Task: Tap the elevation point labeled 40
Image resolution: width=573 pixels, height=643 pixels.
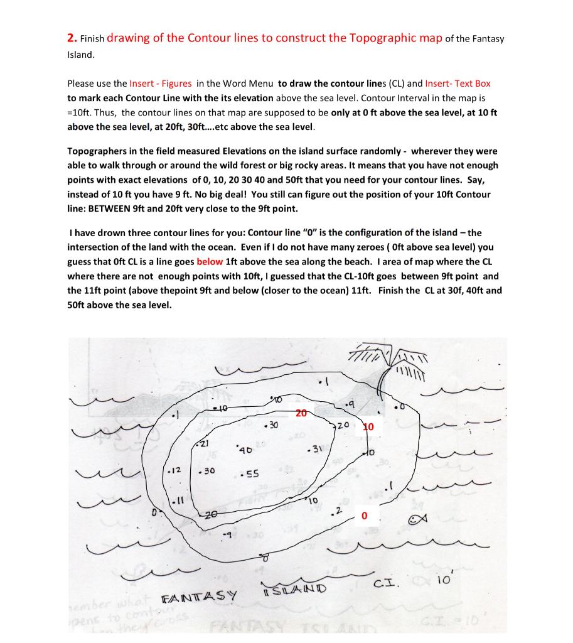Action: tap(244, 450)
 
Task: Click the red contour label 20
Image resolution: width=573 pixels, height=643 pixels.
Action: tap(301, 414)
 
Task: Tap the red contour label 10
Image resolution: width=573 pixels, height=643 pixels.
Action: tap(368, 427)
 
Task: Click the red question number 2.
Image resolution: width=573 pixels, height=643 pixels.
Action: tap(71, 38)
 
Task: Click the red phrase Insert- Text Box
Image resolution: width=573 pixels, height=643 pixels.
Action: tap(458, 83)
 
